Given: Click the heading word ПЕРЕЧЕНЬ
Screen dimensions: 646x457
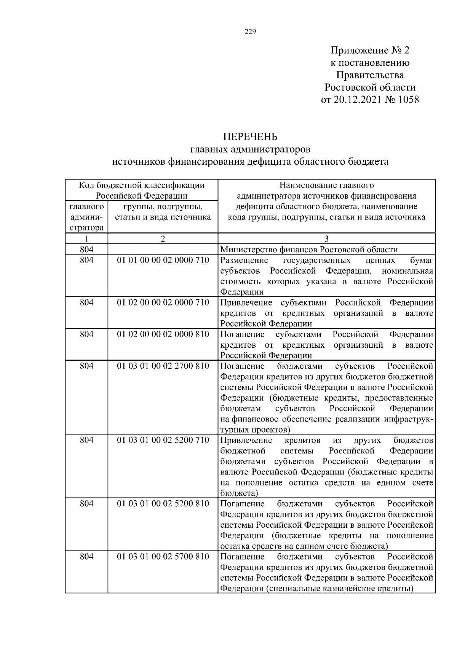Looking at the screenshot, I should [x=250, y=137].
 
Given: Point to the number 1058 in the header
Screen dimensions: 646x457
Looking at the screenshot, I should [x=407, y=100].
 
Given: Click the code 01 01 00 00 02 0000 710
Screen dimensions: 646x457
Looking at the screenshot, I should [x=163, y=261].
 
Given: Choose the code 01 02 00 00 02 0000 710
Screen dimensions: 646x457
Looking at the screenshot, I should [x=163, y=302].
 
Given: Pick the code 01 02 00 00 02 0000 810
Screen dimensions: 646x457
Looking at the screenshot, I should [x=163, y=334].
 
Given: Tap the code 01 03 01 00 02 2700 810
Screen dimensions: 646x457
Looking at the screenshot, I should [x=163, y=366].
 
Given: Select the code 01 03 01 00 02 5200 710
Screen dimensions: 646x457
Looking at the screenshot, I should [x=163, y=440].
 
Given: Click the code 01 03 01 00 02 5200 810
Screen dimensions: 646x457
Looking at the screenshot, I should [x=163, y=504].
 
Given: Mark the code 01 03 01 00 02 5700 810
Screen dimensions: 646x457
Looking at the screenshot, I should [x=163, y=557].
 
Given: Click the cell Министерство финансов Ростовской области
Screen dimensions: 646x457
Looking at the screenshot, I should [x=309, y=250].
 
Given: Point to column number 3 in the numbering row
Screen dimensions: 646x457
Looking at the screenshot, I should [x=326, y=239].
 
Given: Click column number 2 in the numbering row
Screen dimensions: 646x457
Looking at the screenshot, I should [x=163, y=239].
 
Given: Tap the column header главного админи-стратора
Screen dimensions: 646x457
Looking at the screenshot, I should [x=86, y=217].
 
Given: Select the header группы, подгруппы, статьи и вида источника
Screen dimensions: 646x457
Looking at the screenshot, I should [x=163, y=212].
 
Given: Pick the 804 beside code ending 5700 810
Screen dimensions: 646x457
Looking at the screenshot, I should [x=86, y=557].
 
